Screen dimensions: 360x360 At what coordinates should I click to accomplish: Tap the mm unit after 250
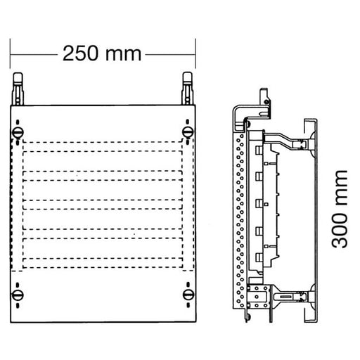[x=122, y=54]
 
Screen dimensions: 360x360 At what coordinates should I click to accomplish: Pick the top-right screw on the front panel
[x=187, y=131]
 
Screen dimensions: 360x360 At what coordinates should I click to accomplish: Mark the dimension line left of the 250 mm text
[x=32, y=53]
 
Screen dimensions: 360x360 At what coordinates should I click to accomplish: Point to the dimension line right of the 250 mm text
[x=169, y=53]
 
